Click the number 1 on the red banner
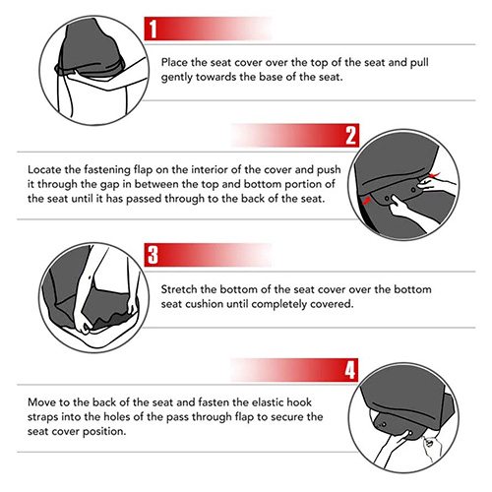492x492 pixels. [153, 29]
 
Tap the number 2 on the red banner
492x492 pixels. [350, 136]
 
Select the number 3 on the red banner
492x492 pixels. [153, 255]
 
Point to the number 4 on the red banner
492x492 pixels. [350, 370]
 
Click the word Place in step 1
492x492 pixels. [174, 62]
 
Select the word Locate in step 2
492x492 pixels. [44, 169]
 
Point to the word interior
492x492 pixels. [210, 169]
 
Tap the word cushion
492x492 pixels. [204, 304]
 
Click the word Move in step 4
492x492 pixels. [40, 402]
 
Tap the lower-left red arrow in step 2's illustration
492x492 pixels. [366, 201]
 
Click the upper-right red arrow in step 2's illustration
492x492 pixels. [434, 175]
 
